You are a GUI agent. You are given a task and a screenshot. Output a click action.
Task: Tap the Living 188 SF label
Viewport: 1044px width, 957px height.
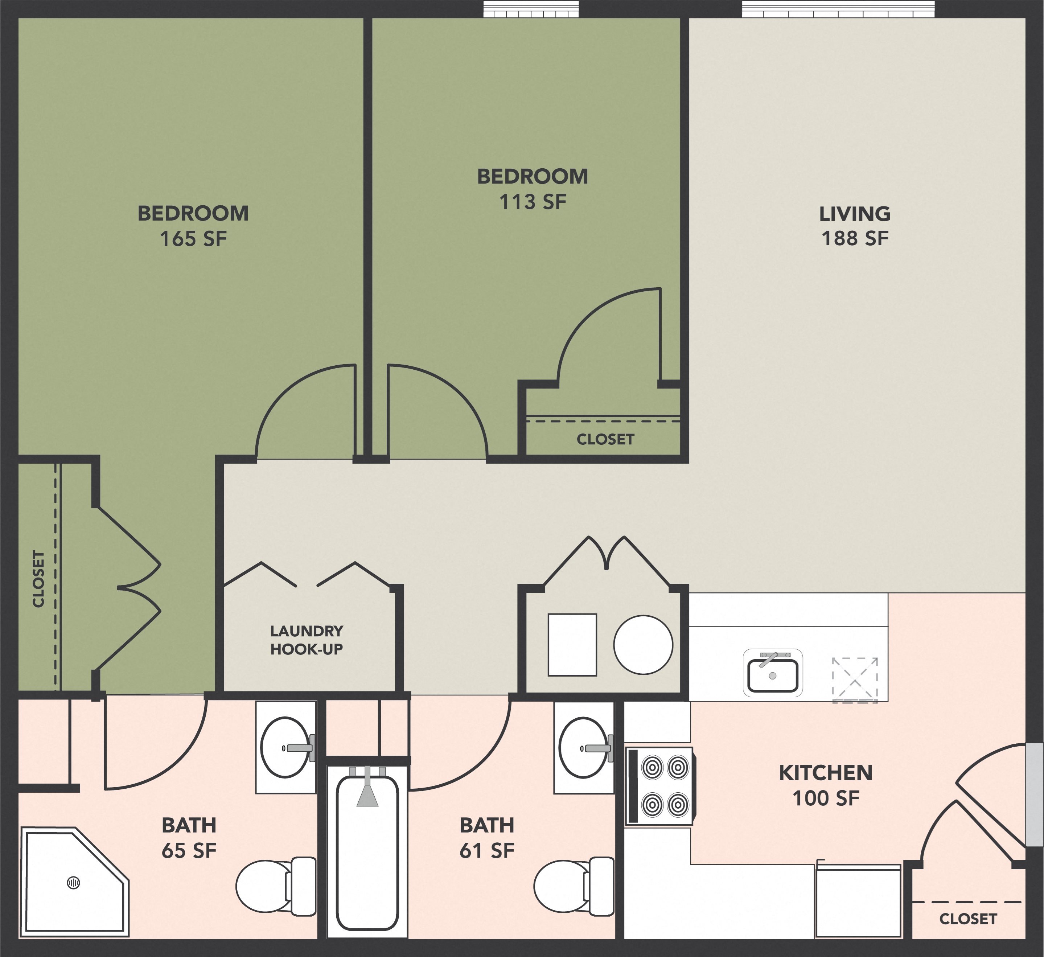pyautogui.click(x=855, y=226)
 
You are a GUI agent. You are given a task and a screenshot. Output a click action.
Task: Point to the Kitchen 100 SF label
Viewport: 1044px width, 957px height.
pyautogui.click(x=826, y=785)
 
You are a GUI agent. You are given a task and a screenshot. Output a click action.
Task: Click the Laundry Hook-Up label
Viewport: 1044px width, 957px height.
pyautogui.click(x=307, y=640)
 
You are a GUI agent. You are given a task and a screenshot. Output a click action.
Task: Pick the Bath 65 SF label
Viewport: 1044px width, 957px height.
pyautogui.click(x=189, y=837)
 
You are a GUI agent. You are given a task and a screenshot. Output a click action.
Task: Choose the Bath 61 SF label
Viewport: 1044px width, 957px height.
pyautogui.click(x=487, y=837)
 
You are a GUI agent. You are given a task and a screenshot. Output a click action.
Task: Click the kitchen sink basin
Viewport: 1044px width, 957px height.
pyautogui.click(x=773, y=675)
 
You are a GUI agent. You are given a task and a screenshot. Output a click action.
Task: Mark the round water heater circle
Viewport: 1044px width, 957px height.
pyautogui.click(x=643, y=645)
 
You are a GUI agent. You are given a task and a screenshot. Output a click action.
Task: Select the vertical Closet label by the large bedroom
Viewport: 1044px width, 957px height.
pyautogui.click(x=38, y=579)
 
